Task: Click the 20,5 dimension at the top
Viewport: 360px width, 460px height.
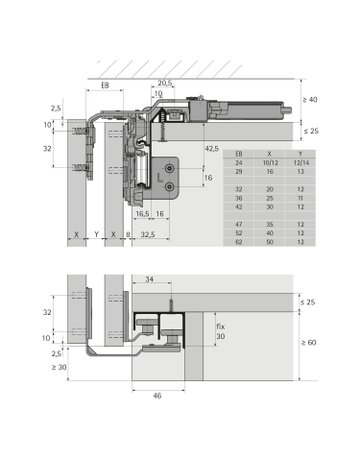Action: point(164,84)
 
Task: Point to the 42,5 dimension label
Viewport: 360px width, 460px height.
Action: point(210,148)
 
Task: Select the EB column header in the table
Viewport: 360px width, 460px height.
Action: point(238,152)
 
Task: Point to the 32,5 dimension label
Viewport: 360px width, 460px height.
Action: point(148,235)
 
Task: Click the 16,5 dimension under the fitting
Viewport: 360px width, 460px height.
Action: point(142,214)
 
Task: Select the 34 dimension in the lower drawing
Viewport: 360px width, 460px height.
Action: point(150,281)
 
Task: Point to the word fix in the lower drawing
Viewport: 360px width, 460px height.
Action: point(221,326)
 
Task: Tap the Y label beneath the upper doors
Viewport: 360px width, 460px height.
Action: point(95,235)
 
